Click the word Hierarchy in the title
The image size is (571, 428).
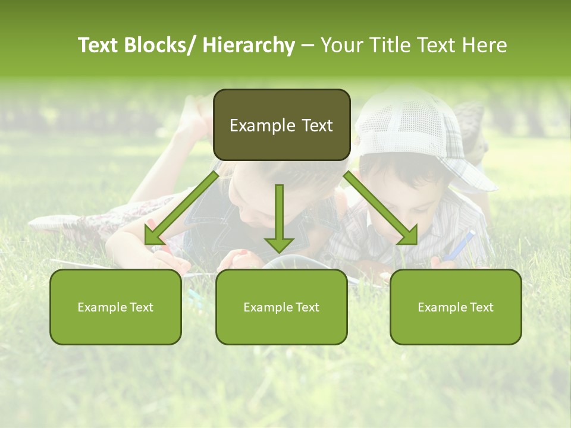coord(249,45)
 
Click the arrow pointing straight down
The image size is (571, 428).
coord(279,217)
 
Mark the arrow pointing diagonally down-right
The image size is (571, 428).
coord(381,209)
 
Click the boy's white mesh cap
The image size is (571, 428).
coord(416,131)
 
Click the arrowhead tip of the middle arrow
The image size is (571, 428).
coord(279,252)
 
